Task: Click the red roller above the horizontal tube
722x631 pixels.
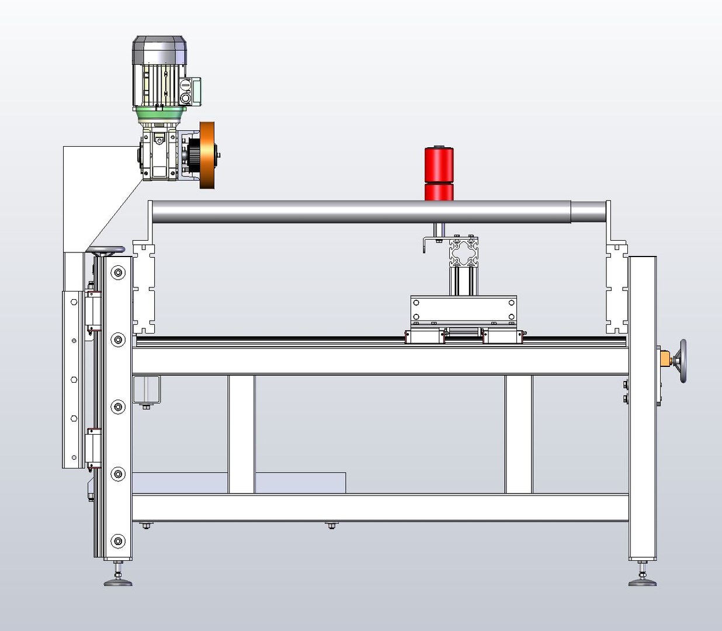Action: [x=439, y=166]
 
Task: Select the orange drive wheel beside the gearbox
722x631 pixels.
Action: [x=207, y=155]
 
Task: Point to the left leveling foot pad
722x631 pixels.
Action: [x=118, y=581]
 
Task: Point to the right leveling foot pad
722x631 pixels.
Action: [x=643, y=581]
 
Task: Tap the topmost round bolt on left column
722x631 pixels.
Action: [x=118, y=272]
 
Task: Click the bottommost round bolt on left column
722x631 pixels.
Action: [x=118, y=541]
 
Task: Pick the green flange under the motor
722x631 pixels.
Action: [x=159, y=114]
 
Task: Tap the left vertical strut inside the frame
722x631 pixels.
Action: [x=241, y=434]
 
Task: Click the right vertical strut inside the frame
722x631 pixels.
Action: [x=519, y=434]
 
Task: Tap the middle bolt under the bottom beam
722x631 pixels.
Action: [x=332, y=526]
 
